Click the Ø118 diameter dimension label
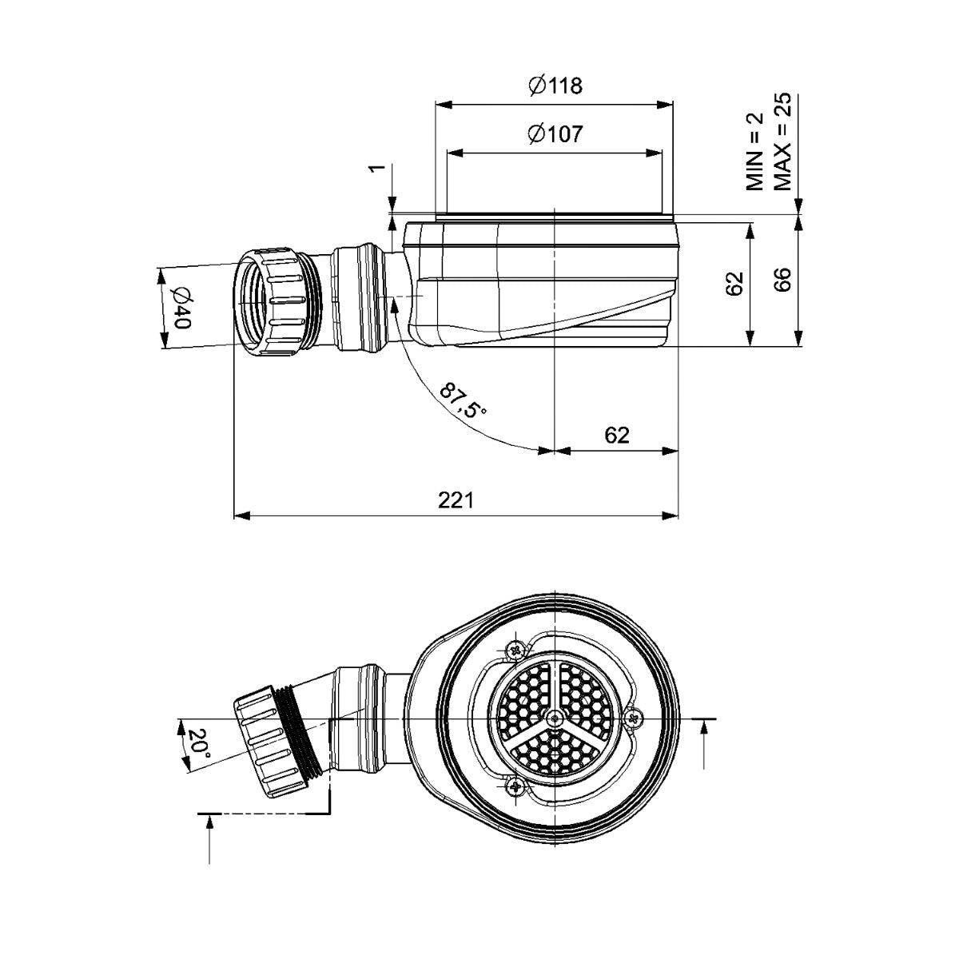[555, 86]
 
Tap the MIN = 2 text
[755, 151]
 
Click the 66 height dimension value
[782, 280]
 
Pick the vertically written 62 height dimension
[736, 283]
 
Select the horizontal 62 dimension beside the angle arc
[616, 435]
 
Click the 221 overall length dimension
[456, 500]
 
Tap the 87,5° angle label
[462, 400]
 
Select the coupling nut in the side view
[272, 301]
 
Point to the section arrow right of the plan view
[703, 743]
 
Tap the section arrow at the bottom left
[209, 839]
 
